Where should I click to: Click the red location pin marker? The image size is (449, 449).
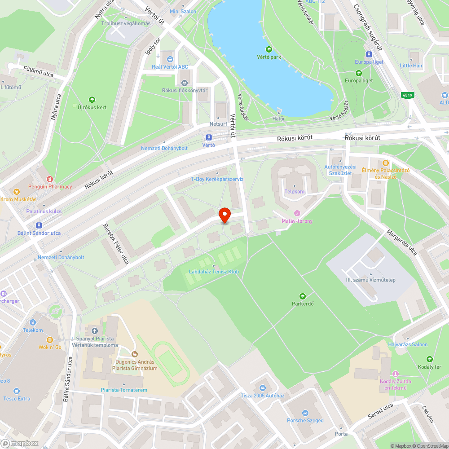[x=224, y=216]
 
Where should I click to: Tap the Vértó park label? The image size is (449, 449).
[x=269, y=57]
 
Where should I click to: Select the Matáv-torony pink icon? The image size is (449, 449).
[x=296, y=213]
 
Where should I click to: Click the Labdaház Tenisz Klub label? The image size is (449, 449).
[x=214, y=272]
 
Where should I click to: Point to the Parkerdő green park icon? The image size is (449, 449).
[x=303, y=296]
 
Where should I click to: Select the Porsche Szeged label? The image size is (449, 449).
[x=305, y=420]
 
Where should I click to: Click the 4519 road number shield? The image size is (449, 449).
[x=407, y=95]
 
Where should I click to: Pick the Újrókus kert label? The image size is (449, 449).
[x=92, y=107]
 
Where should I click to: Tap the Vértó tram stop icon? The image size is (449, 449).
[x=208, y=137]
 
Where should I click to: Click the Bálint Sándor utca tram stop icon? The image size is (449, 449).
[x=39, y=225]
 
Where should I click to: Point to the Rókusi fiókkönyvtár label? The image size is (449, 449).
[x=185, y=90]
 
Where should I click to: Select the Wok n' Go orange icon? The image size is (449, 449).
[x=50, y=340]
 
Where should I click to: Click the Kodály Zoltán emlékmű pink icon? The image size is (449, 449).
[x=396, y=374]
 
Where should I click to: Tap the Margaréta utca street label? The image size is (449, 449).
[x=402, y=242]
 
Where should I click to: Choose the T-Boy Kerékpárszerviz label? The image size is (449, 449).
[x=217, y=179]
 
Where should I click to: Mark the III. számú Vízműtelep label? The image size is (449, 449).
[x=370, y=280]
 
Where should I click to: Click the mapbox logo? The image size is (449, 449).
[x=20, y=443]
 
